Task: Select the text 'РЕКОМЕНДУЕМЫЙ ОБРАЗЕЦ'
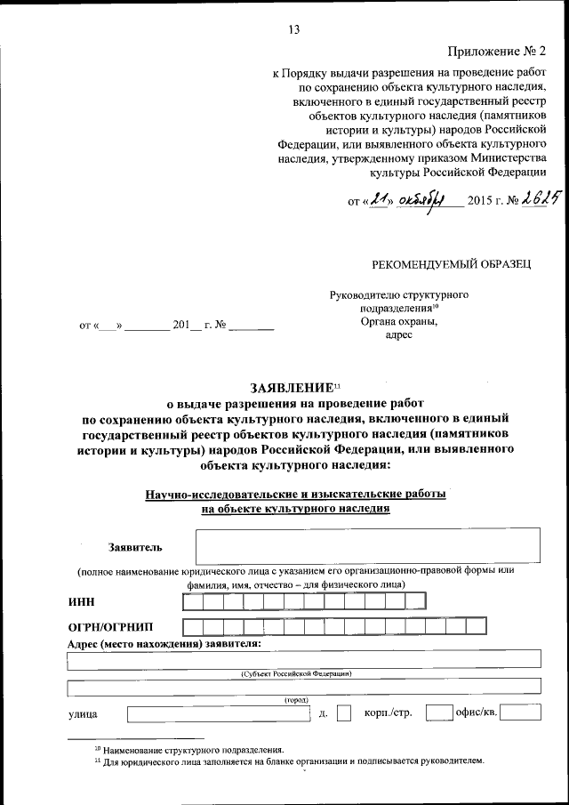click(453, 264)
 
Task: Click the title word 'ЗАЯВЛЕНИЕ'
click(290, 388)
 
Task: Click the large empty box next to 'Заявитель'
click(367, 545)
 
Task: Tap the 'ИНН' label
click(82, 602)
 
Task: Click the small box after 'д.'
click(344, 712)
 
